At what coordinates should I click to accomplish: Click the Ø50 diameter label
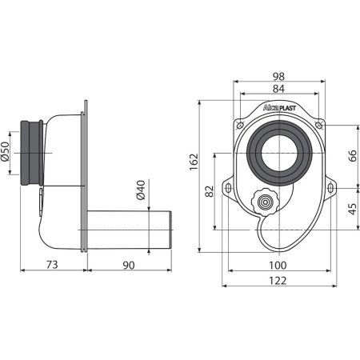5,151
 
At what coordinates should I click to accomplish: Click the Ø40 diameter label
141,190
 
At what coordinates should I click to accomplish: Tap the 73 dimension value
52,265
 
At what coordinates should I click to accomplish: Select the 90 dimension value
129,266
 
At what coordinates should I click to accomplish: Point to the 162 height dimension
194,162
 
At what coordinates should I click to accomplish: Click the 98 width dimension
278,77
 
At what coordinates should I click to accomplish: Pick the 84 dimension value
278,89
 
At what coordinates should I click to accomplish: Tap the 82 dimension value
210,191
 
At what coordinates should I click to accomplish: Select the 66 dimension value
352,156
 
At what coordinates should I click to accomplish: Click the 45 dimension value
352,209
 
